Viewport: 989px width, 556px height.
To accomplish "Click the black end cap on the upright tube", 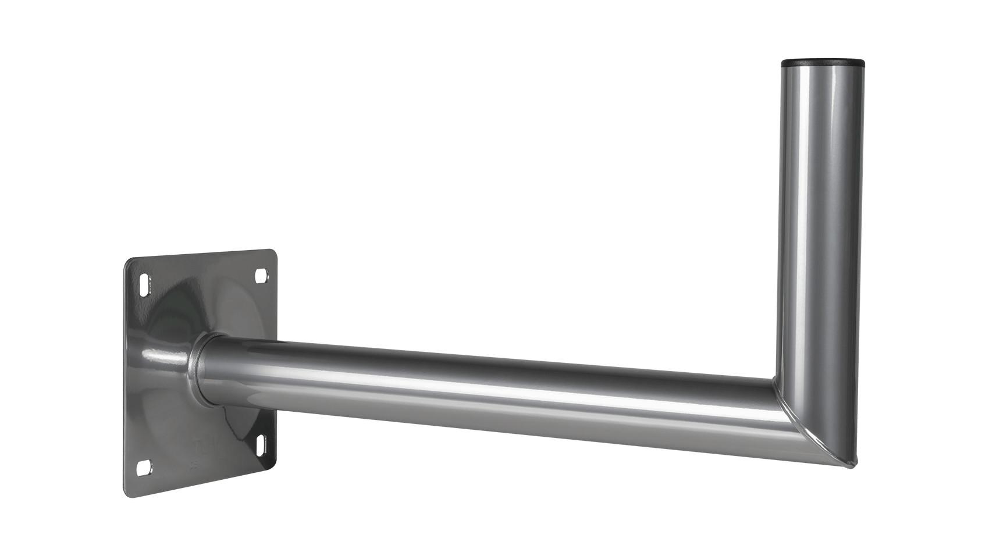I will tap(821, 62).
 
